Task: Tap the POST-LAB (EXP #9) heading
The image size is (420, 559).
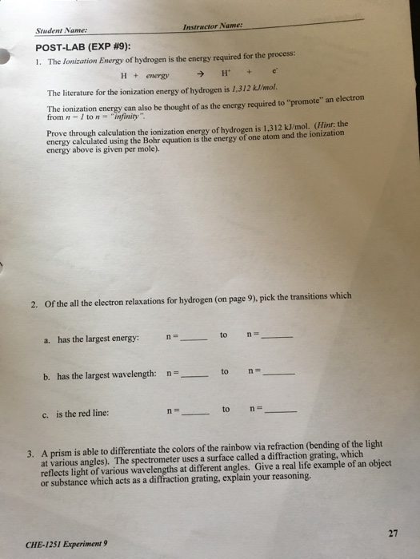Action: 86,47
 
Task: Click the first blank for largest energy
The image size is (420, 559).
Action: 195,339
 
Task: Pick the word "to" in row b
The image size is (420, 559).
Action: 226,372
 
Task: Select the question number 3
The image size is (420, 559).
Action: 33,453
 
